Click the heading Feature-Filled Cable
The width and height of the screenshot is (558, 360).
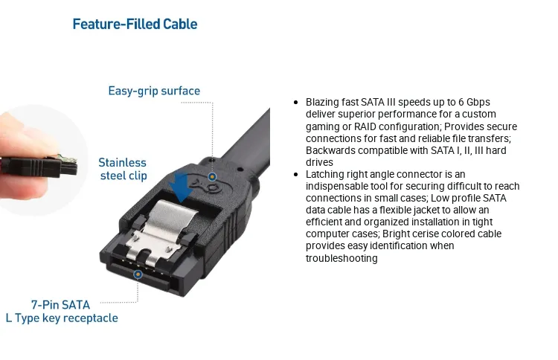pos(135,25)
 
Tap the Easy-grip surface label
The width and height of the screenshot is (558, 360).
pos(154,91)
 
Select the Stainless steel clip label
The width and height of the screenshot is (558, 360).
pos(123,169)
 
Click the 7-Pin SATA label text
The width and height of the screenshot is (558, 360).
pos(60,304)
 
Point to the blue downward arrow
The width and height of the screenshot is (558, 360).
pos(181,186)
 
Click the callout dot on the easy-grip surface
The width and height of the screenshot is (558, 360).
pos(212,177)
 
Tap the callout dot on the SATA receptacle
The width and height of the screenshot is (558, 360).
pos(138,274)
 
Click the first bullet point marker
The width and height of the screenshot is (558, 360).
pos(298,102)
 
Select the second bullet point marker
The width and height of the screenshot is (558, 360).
pos(298,175)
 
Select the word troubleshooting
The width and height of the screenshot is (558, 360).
pos(341,259)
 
